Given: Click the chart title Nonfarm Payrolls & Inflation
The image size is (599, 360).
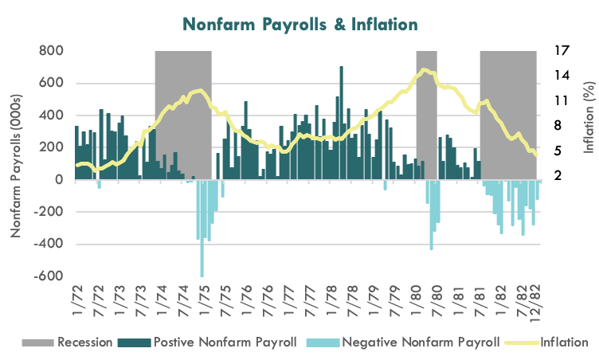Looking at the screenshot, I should tap(299, 24).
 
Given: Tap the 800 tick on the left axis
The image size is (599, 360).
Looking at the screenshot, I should tap(51, 51).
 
